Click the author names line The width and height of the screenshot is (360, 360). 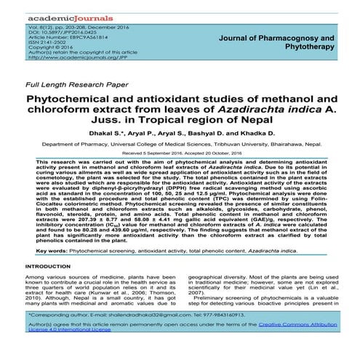(180, 134)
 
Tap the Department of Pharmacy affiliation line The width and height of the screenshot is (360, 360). (180, 145)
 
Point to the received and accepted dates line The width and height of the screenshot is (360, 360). (180, 154)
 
